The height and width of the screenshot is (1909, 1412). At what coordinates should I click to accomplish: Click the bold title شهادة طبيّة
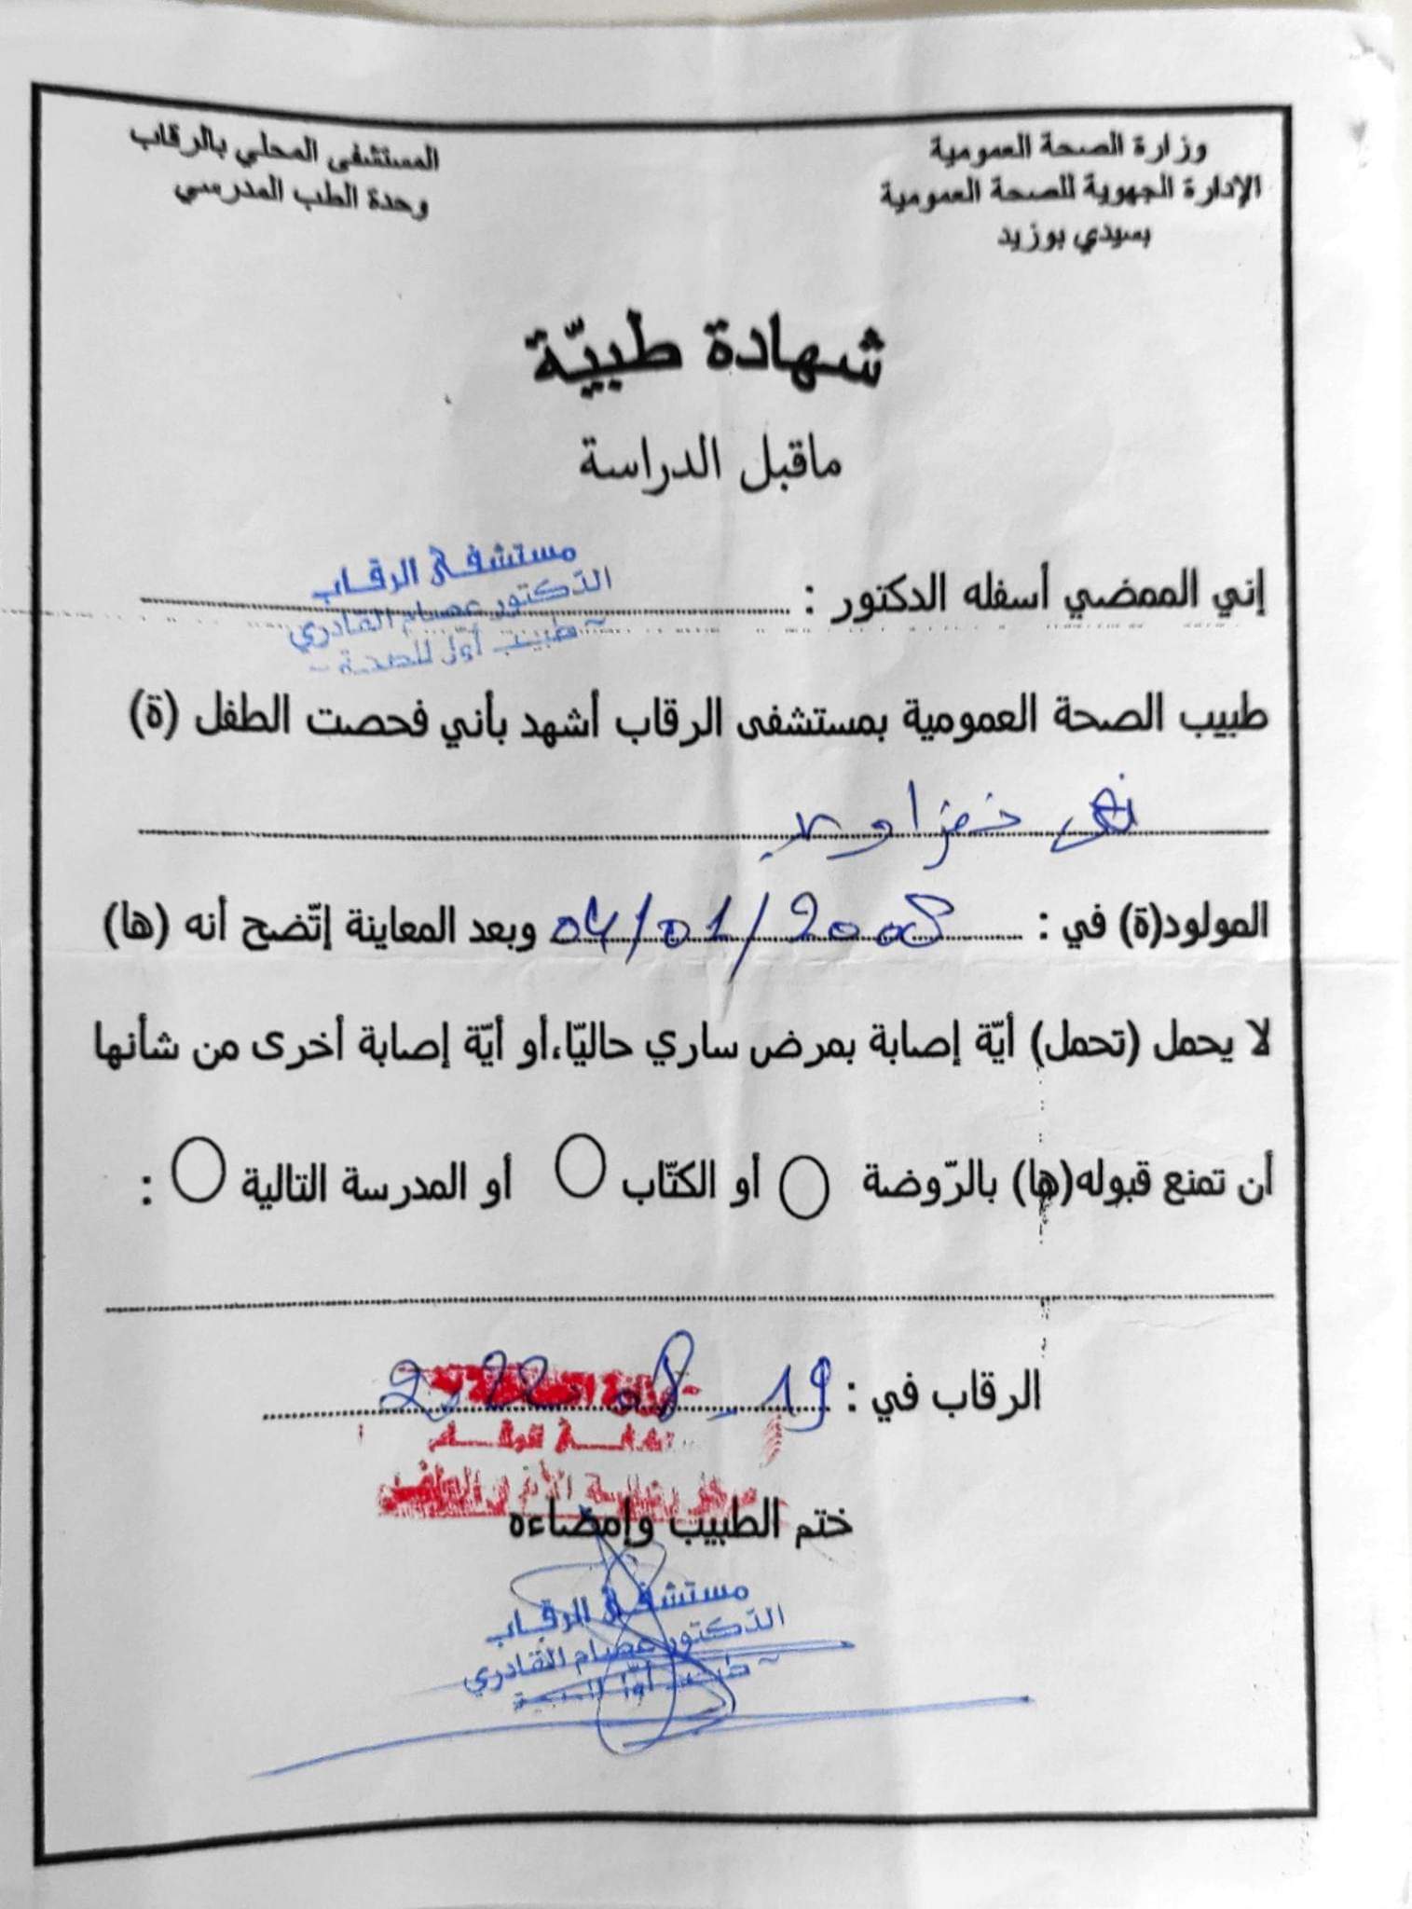(706, 359)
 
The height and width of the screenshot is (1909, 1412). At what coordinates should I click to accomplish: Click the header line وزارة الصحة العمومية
(1067, 147)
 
